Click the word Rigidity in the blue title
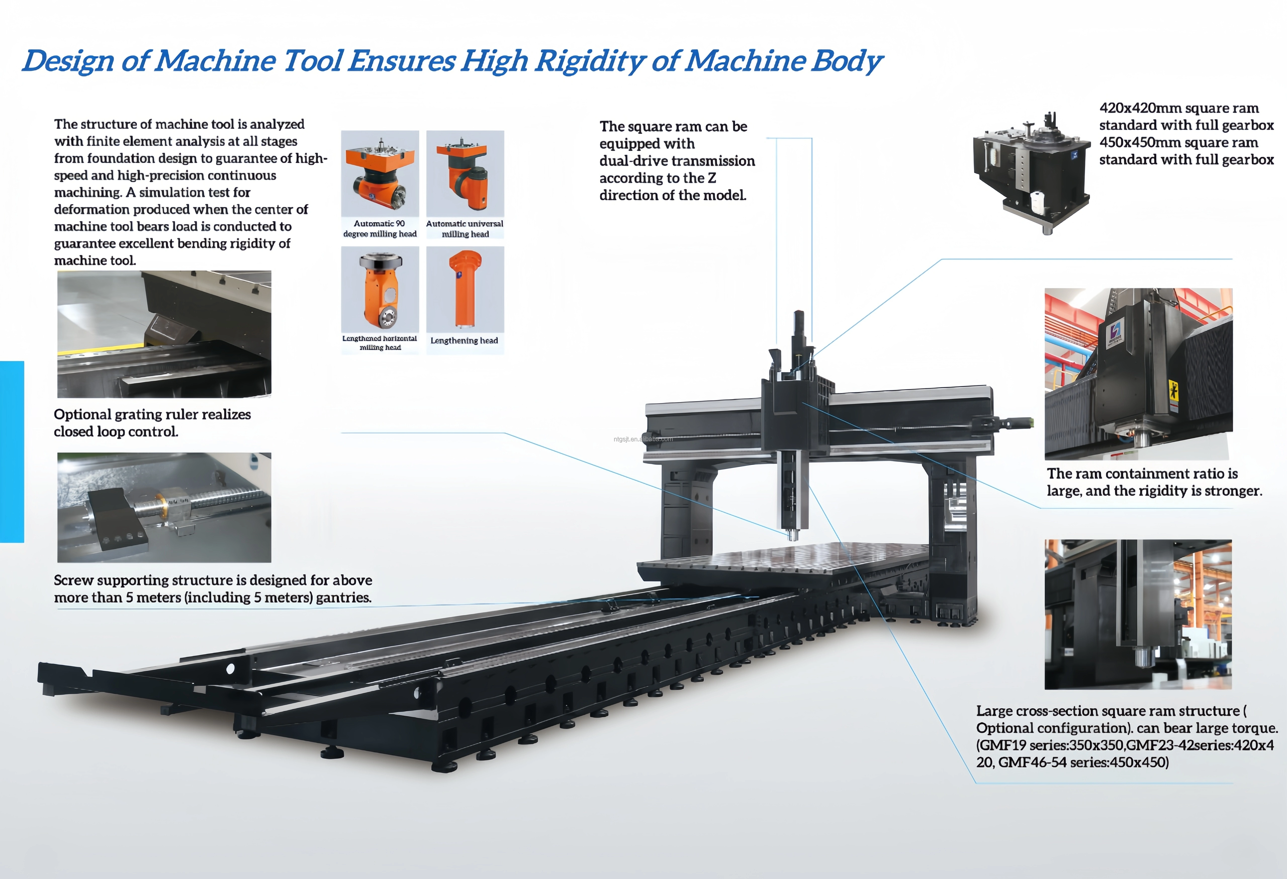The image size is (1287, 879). click(x=590, y=61)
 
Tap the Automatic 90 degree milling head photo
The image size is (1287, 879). click(x=380, y=173)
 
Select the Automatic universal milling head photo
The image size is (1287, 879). click(x=465, y=173)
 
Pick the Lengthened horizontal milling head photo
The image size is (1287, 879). click(x=380, y=289)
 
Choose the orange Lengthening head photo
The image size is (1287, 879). click(x=465, y=289)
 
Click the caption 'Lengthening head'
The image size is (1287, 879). click(x=464, y=341)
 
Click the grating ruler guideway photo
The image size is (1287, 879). click(x=164, y=334)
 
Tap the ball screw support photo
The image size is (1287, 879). click(x=164, y=507)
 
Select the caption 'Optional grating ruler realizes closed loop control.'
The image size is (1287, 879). click(x=152, y=423)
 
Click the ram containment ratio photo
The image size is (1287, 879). click(x=1139, y=374)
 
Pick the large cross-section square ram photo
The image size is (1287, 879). click(x=1138, y=614)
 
